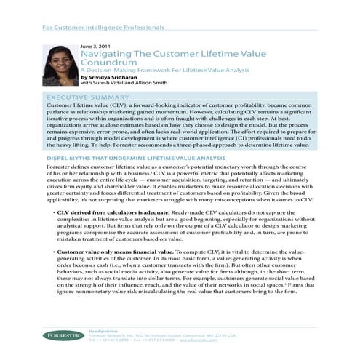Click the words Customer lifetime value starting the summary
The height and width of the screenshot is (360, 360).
pyautogui.click(x=68, y=105)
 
